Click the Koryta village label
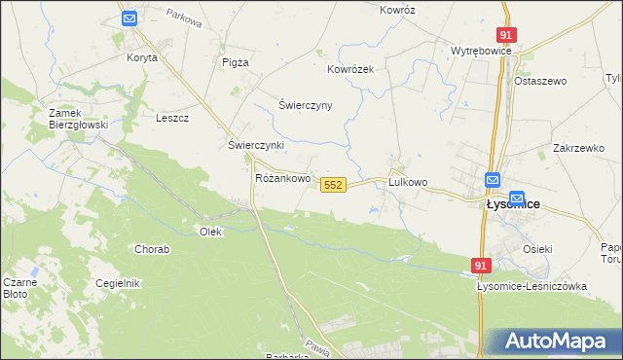coord(141,57)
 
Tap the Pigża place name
coord(236,61)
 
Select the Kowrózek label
coord(350,70)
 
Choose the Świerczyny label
coord(306,105)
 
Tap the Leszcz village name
coord(172,118)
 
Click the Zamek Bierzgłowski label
coord(77,119)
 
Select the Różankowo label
coord(282,179)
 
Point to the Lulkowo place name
coord(408,182)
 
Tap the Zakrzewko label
coord(578,148)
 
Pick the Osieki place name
coord(537,249)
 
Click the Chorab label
coord(152,249)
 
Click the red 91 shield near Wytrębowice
coord(504,34)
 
